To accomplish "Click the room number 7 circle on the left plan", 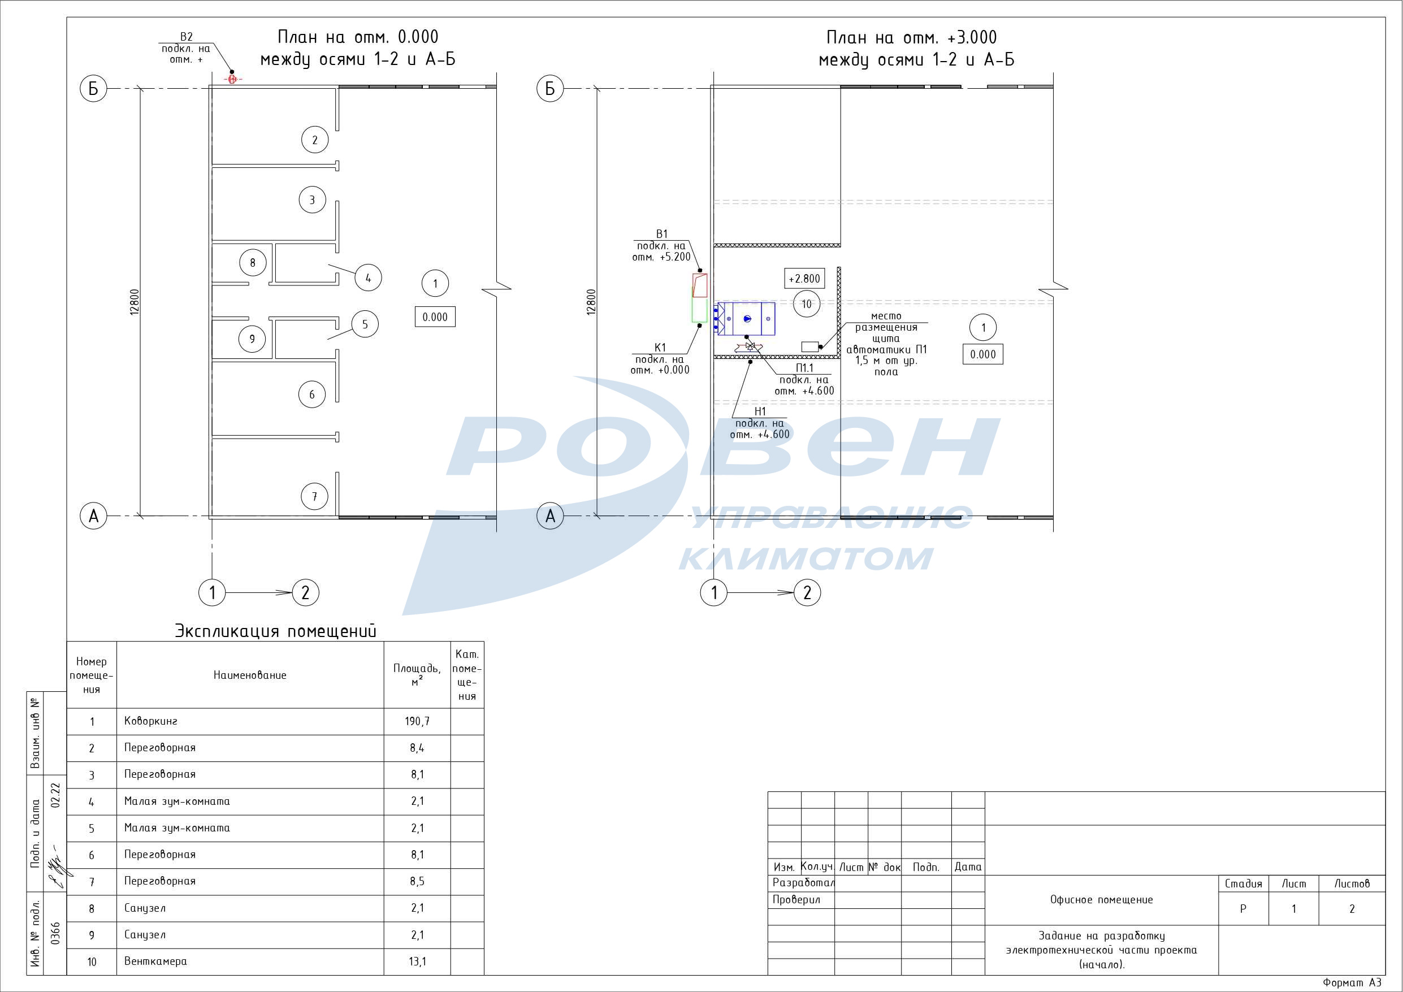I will click(315, 496).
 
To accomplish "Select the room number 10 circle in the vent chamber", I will click(807, 304).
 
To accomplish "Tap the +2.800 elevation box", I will click(804, 279).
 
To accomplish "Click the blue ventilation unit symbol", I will click(746, 318).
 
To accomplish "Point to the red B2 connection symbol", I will click(232, 79).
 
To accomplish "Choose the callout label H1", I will click(760, 411).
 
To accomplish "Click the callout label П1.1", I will click(804, 368).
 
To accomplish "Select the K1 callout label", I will click(660, 348).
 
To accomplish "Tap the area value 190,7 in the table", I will click(417, 721).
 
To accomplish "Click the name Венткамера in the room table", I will click(155, 961).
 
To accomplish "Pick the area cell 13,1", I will click(417, 961).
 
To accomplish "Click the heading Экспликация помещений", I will click(276, 631).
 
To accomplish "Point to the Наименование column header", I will click(250, 675).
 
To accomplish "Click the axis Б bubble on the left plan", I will click(93, 89).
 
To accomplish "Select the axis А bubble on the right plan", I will click(550, 516).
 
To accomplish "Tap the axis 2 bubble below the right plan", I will click(807, 592).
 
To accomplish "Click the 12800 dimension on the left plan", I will click(135, 302).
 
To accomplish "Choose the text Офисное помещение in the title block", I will click(1101, 899).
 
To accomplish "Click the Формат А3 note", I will click(1352, 983).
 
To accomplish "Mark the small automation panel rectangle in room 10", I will click(809, 346).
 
